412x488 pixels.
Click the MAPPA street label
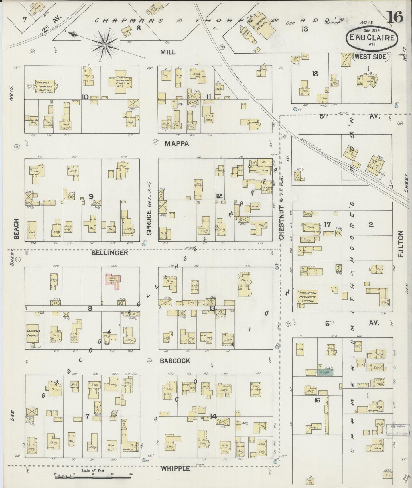[x=176, y=144]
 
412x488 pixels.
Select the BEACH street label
[x=16, y=229]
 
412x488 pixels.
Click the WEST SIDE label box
[x=370, y=57]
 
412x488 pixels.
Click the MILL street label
[x=168, y=52]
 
